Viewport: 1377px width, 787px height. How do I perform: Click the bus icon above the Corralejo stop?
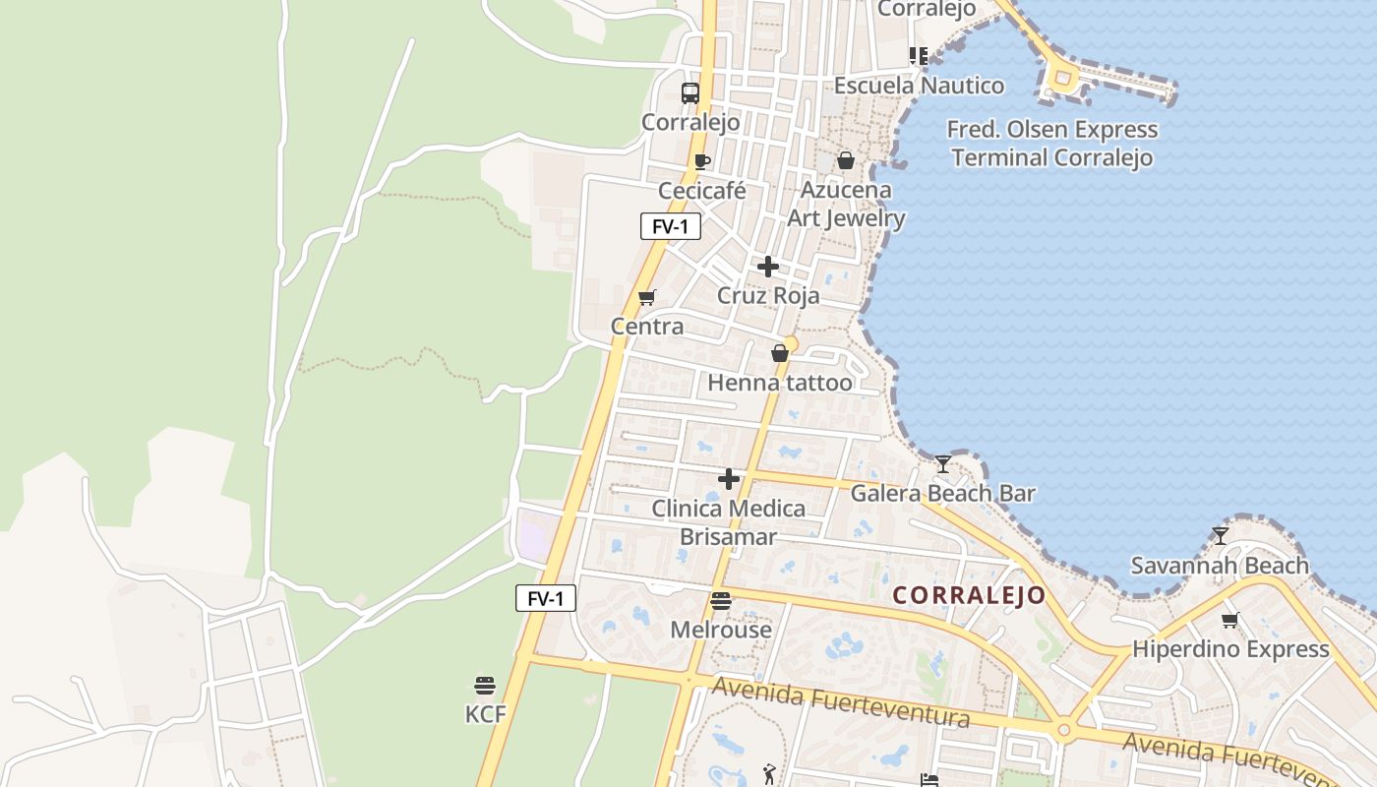point(690,93)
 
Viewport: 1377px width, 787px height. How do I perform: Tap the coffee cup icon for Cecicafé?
point(701,161)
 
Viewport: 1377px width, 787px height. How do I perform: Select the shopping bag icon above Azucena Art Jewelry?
point(845,160)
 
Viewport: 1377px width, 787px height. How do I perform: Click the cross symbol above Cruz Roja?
point(768,267)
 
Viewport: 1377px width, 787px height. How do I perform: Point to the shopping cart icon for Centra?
point(646,297)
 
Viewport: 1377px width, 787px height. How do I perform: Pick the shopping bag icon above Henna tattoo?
point(780,353)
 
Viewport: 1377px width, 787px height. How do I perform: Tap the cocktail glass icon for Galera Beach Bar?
point(943,463)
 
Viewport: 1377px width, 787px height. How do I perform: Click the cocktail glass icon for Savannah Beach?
point(1221,535)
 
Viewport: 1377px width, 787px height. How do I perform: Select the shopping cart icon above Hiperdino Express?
point(1229,620)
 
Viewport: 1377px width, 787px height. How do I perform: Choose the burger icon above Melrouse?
point(721,600)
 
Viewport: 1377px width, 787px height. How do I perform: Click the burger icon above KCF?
point(484,685)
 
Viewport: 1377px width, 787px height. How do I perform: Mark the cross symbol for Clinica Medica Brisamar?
point(729,479)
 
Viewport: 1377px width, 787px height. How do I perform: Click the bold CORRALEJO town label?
point(969,596)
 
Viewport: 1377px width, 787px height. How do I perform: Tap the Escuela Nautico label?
point(920,86)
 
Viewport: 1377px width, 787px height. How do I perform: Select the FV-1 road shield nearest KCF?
point(546,598)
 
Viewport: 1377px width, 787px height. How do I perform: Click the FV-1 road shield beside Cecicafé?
point(671,226)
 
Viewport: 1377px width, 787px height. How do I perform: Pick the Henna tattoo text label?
point(780,383)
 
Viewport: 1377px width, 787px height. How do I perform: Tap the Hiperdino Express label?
point(1230,649)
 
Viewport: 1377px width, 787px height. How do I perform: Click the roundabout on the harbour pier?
point(1061,76)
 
